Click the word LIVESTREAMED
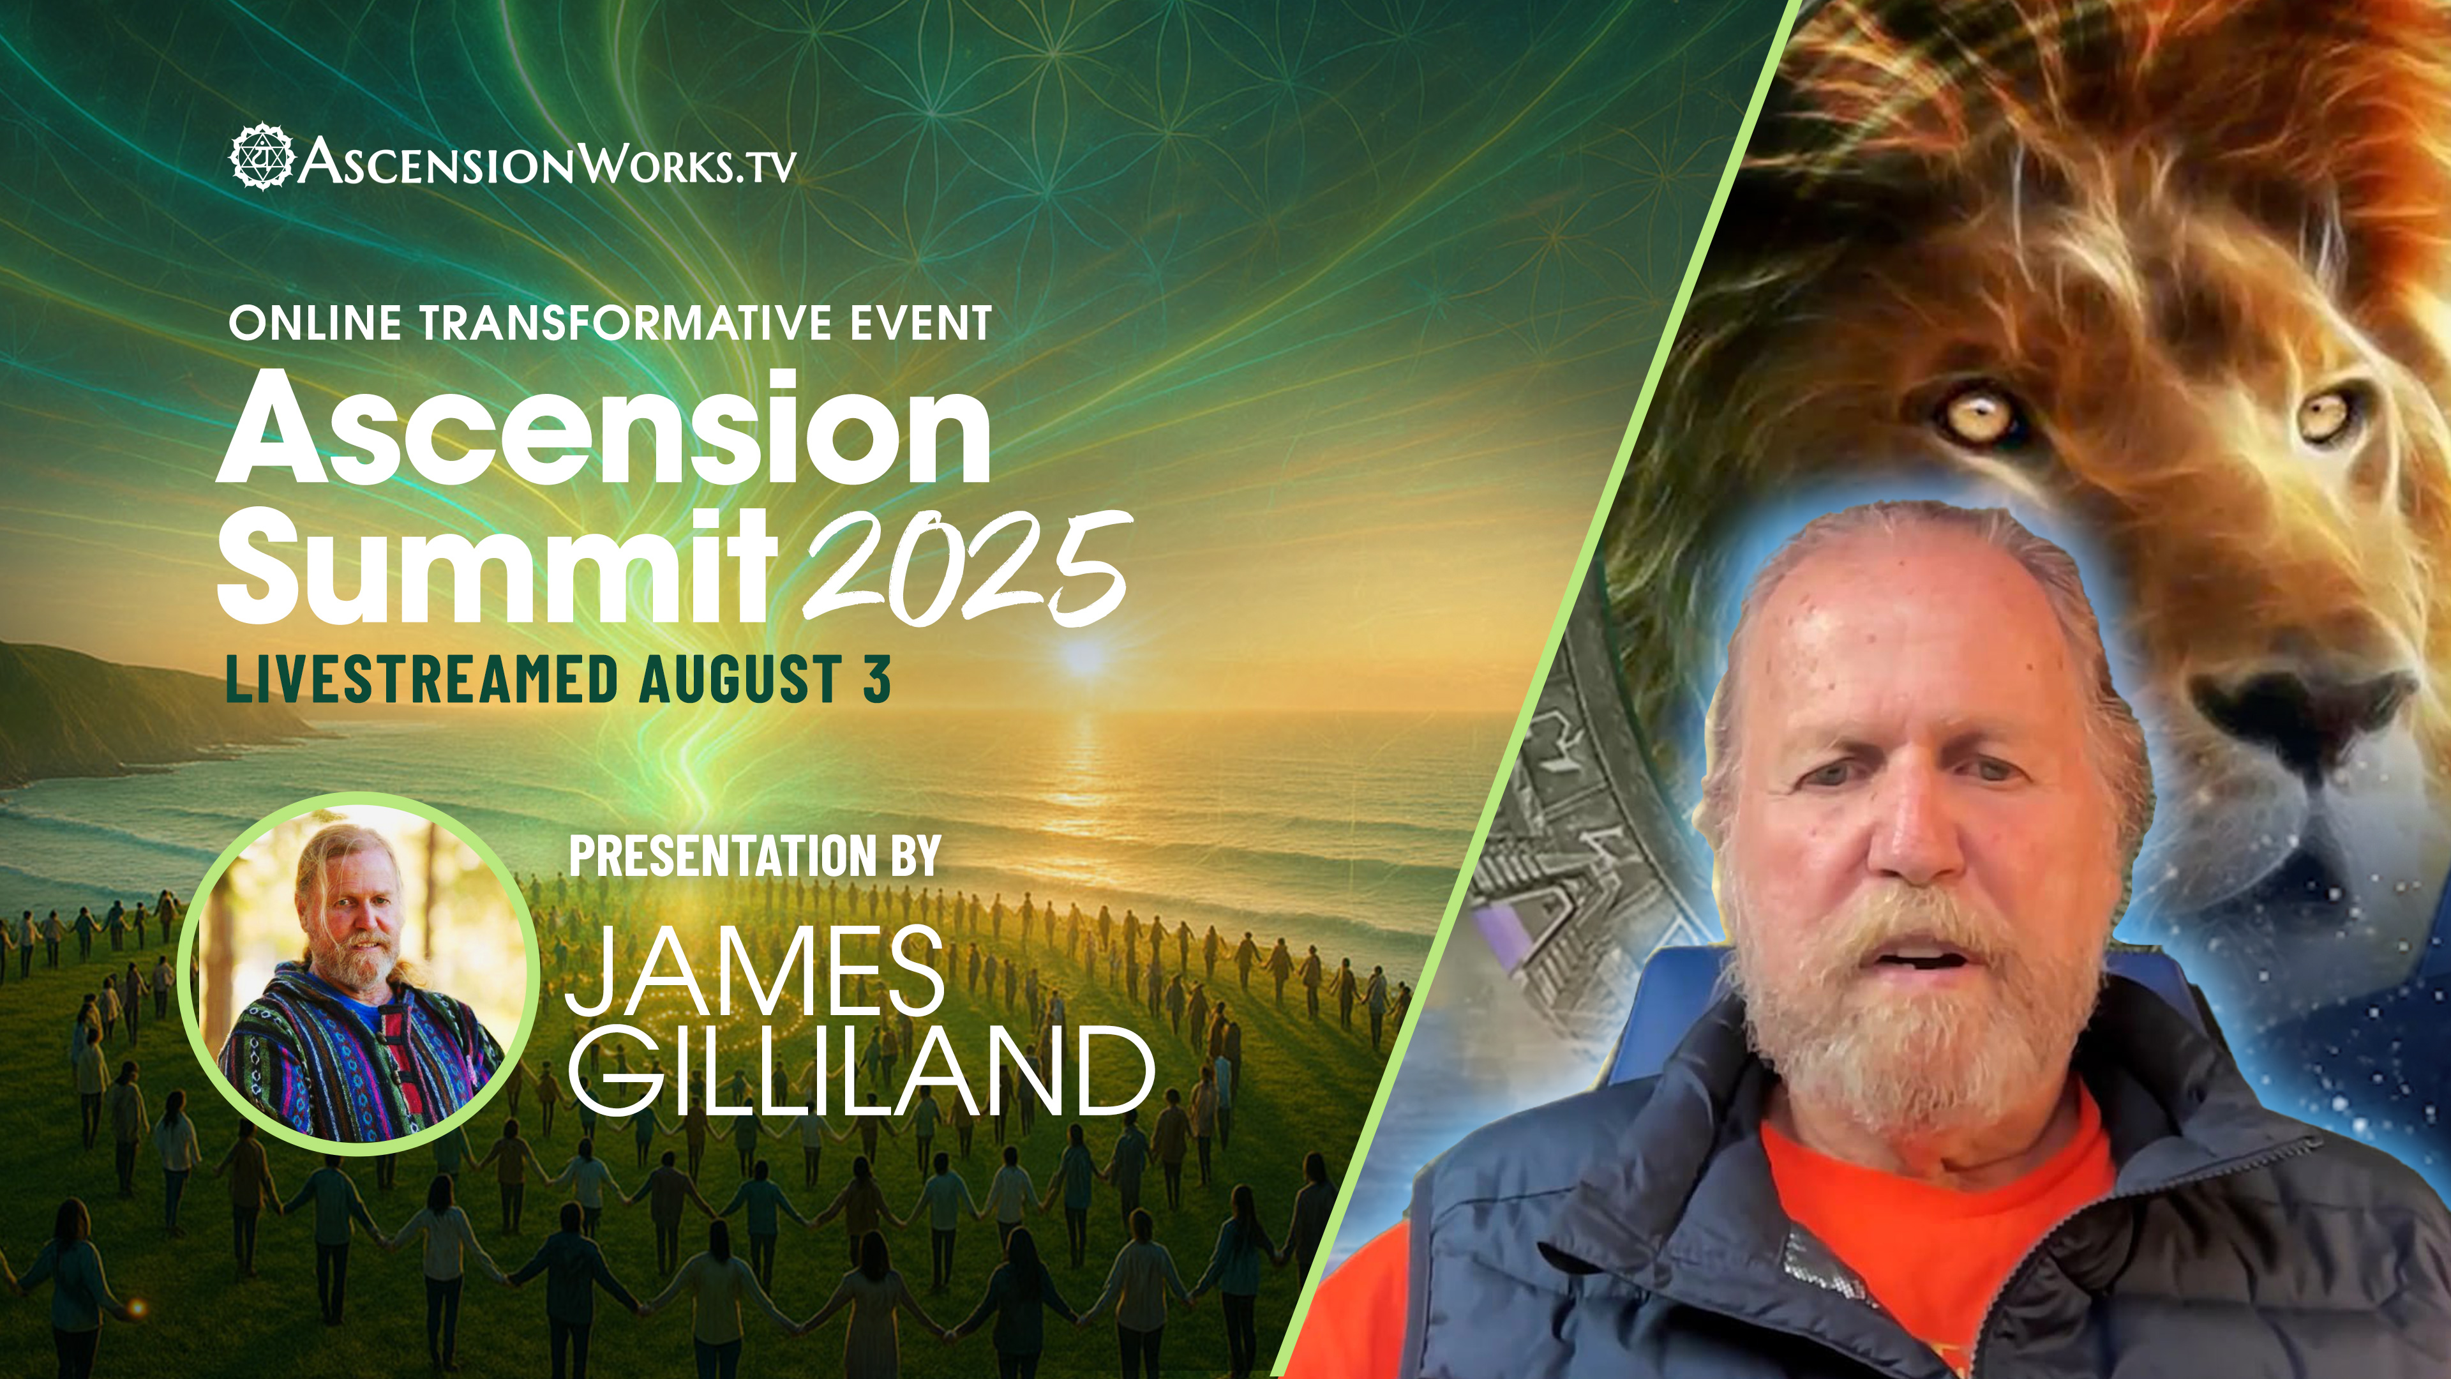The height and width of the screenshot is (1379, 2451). (423, 679)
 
